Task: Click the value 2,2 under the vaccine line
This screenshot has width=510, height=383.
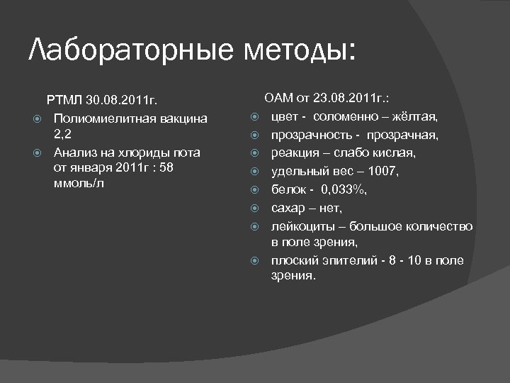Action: [63, 134]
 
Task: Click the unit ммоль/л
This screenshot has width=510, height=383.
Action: [79, 184]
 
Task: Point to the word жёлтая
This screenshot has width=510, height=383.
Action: [418, 116]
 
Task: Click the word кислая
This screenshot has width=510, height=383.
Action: [394, 153]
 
